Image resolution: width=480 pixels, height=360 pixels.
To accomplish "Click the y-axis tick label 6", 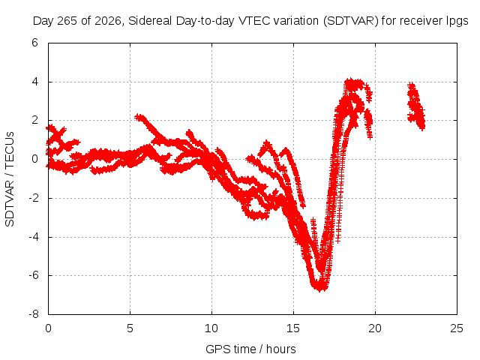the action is tap(34, 43).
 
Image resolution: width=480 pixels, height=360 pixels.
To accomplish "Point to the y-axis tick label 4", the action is tap(34, 82).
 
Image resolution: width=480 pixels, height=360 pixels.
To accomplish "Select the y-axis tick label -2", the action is tap(33, 198).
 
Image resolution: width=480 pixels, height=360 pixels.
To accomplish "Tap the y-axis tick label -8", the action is tap(33, 314).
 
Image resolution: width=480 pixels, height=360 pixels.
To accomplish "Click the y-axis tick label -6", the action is tap(33, 275).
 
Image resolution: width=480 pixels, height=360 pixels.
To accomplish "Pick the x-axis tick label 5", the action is tap(130, 328).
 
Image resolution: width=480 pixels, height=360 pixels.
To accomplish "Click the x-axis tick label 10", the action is tap(211, 328).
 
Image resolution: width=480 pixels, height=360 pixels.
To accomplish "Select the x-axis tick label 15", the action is tap(293, 328).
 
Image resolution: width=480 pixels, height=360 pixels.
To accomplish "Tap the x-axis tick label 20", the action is tap(375, 328).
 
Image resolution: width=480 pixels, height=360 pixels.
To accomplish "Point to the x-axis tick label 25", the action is tap(457, 328).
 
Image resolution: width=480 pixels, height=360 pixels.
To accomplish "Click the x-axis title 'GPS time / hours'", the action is tap(250, 349).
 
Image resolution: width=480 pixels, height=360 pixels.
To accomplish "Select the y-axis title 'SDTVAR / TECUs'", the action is tap(10, 179).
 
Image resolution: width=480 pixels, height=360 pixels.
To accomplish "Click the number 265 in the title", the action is tap(67, 21).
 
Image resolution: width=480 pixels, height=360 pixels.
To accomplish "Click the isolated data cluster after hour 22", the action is tap(416, 106).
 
